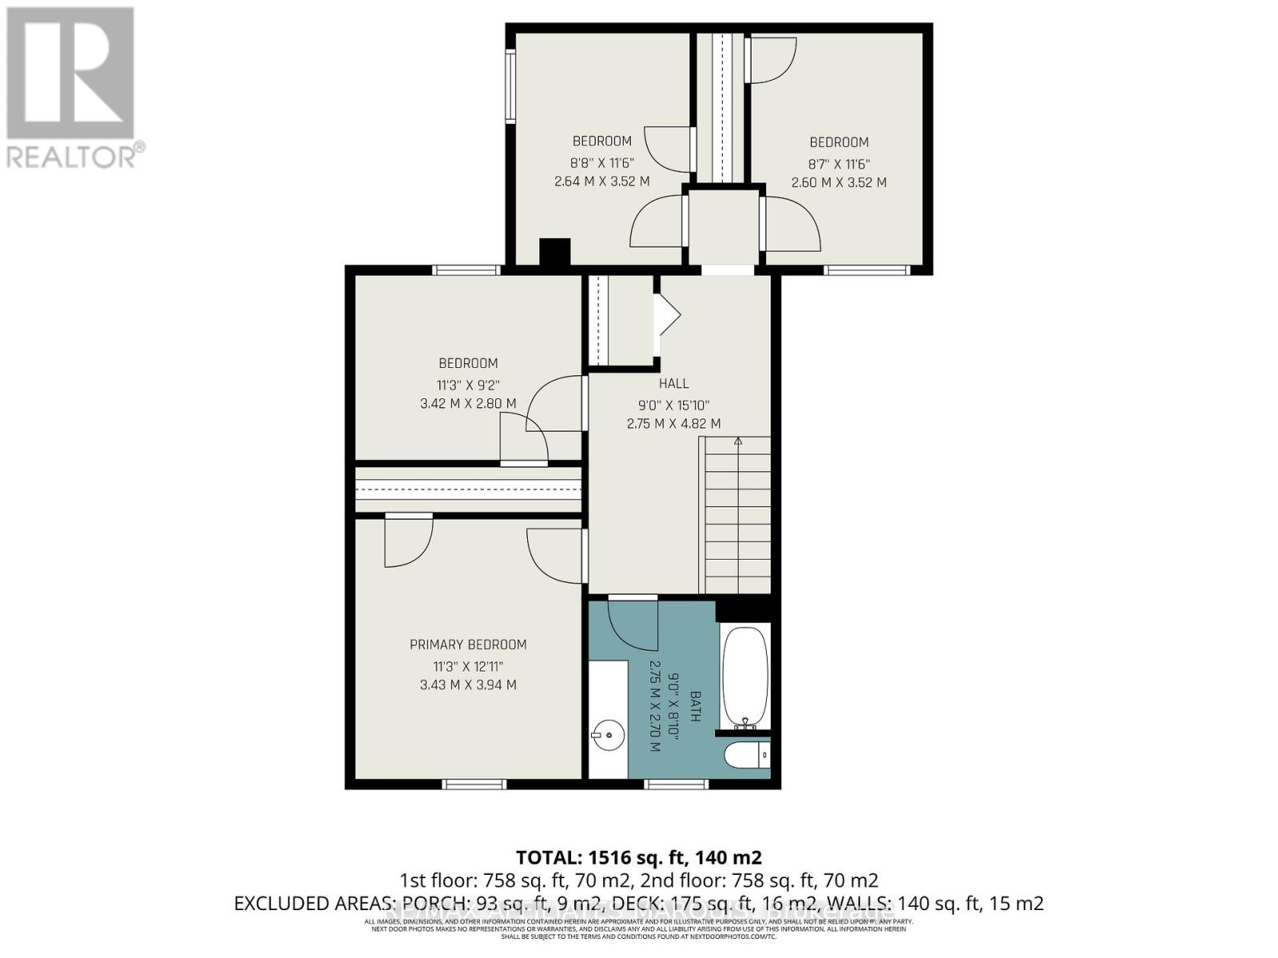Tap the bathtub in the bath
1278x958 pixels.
pos(744,673)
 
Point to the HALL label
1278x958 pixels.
pos(673,384)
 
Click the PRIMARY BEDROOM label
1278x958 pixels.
pos(468,644)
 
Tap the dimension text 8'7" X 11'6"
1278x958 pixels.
pos(839,163)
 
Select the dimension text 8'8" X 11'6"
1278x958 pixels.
pos(601,162)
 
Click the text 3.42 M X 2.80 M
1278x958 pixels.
pos(468,404)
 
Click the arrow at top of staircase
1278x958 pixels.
pos(738,441)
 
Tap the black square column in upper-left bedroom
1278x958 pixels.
pos(554,252)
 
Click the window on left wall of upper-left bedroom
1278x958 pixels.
pos(510,86)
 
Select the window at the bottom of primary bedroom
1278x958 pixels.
pos(474,784)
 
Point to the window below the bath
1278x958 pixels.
pos(677,784)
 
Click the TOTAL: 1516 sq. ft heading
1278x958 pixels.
pos(638,857)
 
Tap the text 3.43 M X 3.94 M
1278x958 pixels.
pos(468,685)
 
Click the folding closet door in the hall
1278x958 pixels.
pos(666,315)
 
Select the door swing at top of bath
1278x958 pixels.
pos(633,623)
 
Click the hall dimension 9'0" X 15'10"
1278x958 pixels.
pos(673,405)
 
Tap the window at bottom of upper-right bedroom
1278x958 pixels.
pos(867,270)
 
